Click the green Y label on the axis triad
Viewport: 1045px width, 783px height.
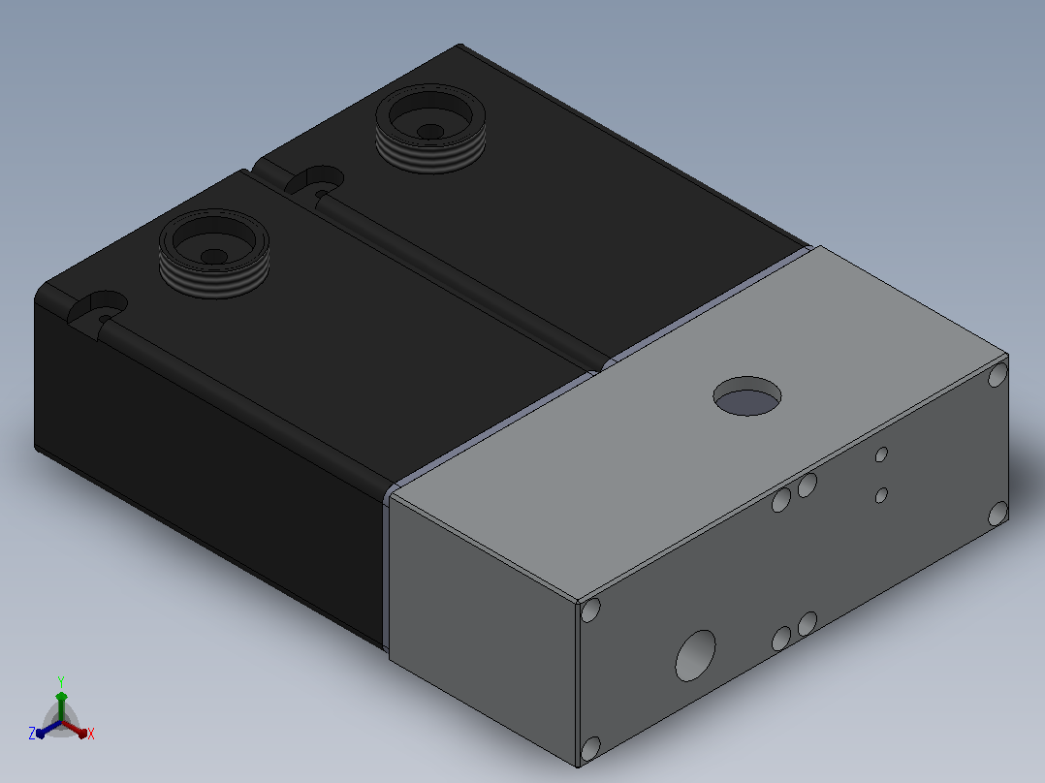61,681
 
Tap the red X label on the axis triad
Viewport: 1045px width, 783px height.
91,734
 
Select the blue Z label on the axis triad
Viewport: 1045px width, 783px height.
31,734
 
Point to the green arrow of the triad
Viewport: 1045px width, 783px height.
61,706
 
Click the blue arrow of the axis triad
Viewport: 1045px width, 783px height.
48,729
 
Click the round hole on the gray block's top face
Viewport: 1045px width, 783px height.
747,395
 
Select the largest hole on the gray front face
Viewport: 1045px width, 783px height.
695,656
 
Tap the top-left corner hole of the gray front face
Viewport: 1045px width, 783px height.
590,610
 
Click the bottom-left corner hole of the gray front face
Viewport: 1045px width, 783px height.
590,748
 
